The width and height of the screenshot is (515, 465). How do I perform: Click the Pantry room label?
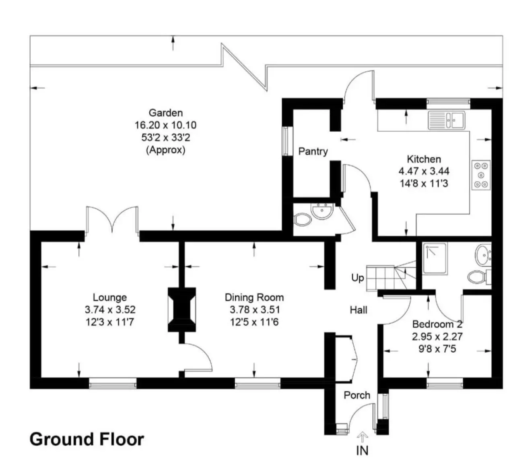(313, 151)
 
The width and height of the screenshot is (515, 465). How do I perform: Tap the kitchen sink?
(446, 120)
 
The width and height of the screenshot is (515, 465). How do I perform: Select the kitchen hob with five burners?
(481, 175)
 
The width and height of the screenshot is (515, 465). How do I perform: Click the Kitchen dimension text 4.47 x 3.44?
(424, 171)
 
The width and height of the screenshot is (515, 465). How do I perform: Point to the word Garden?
(166, 113)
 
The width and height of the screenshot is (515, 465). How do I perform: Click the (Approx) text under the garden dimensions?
(166, 150)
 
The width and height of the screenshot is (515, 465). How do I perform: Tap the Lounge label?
(109, 298)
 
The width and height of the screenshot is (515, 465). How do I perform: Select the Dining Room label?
(254, 298)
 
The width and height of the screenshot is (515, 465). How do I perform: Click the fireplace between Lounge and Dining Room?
(182, 310)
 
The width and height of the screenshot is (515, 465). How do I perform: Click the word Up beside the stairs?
(358, 278)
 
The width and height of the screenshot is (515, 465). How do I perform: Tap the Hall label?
(358, 310)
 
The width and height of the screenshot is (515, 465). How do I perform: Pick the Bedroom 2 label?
(437, 324)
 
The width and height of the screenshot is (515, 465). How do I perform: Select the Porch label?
(357, 395)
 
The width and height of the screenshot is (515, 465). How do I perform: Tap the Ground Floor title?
(87, 439)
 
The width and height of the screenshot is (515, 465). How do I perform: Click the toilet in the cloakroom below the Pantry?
(303, 219)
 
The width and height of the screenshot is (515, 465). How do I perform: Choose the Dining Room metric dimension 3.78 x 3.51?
(255, 310)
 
